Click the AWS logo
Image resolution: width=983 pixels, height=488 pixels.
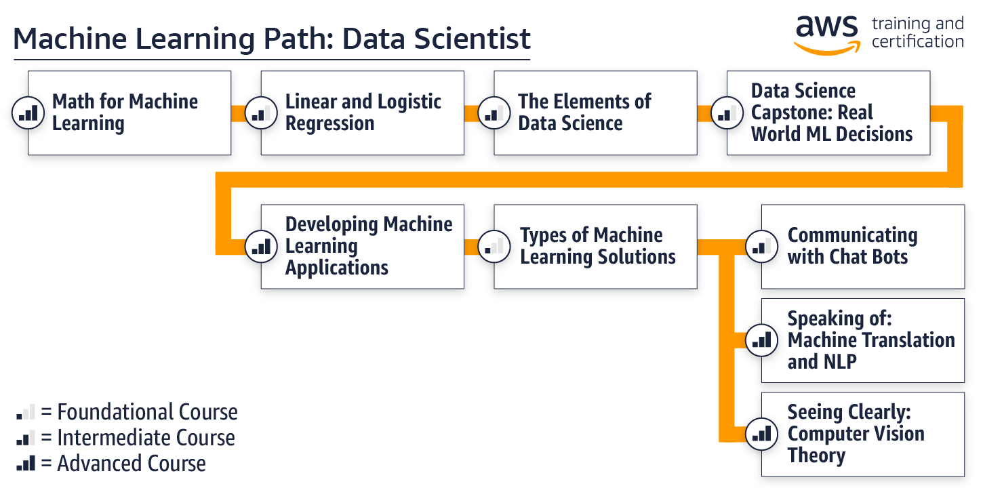click(x=826, y=33)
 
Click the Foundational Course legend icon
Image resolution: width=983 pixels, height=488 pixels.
click(x=26, y=412)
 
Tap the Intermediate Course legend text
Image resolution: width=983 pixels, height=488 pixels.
click(x=146, y=438)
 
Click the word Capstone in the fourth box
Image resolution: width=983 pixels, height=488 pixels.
click(x=790, y=113)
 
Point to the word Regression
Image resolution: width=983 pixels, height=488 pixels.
click(x=329, y=124)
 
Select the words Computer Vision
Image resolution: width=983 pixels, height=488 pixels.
click(x=856, y=434)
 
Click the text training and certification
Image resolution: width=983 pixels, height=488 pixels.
click(x=917, y=33)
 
